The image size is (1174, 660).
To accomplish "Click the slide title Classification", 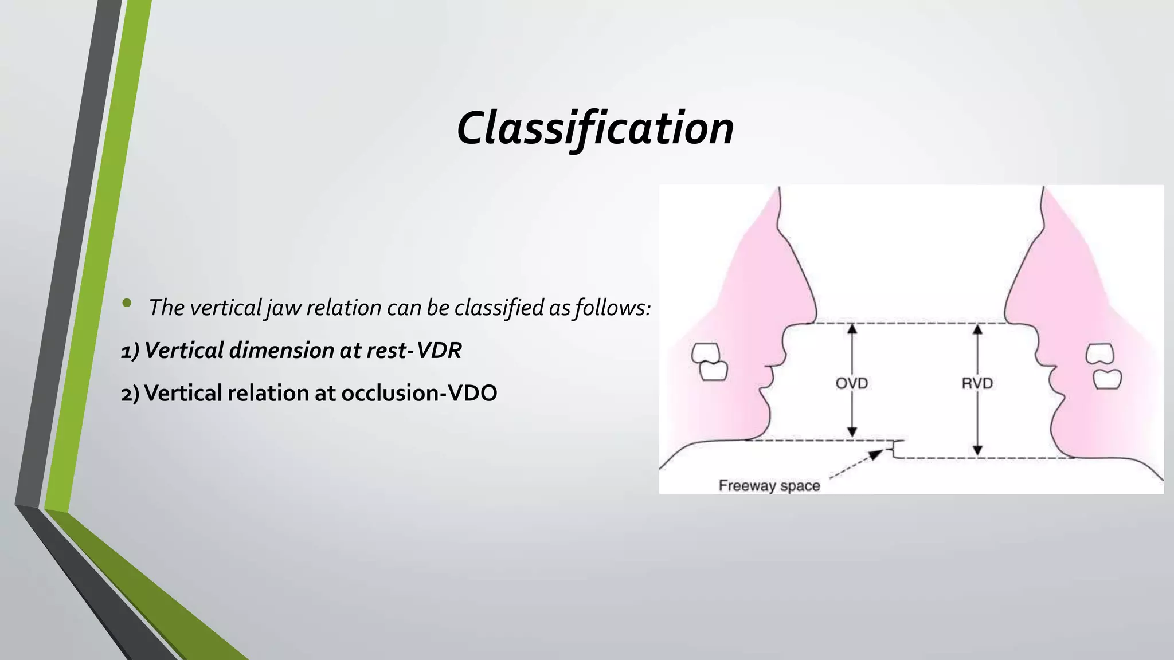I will pos(595,128).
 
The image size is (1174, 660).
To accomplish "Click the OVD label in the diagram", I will pos(852,383).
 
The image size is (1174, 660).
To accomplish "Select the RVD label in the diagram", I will pos(977,383).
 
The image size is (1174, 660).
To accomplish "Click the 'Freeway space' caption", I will pos(769,486).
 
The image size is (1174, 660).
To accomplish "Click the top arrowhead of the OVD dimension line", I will pos(852,329).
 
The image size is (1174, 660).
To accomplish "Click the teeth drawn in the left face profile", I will pos(709,362).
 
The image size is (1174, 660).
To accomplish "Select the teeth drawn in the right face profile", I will pos(1103,366).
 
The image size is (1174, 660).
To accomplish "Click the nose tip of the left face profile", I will pos(815,315).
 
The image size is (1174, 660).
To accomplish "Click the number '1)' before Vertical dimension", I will pos(130,351).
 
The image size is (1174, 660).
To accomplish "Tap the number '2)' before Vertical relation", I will pos(130,393).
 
